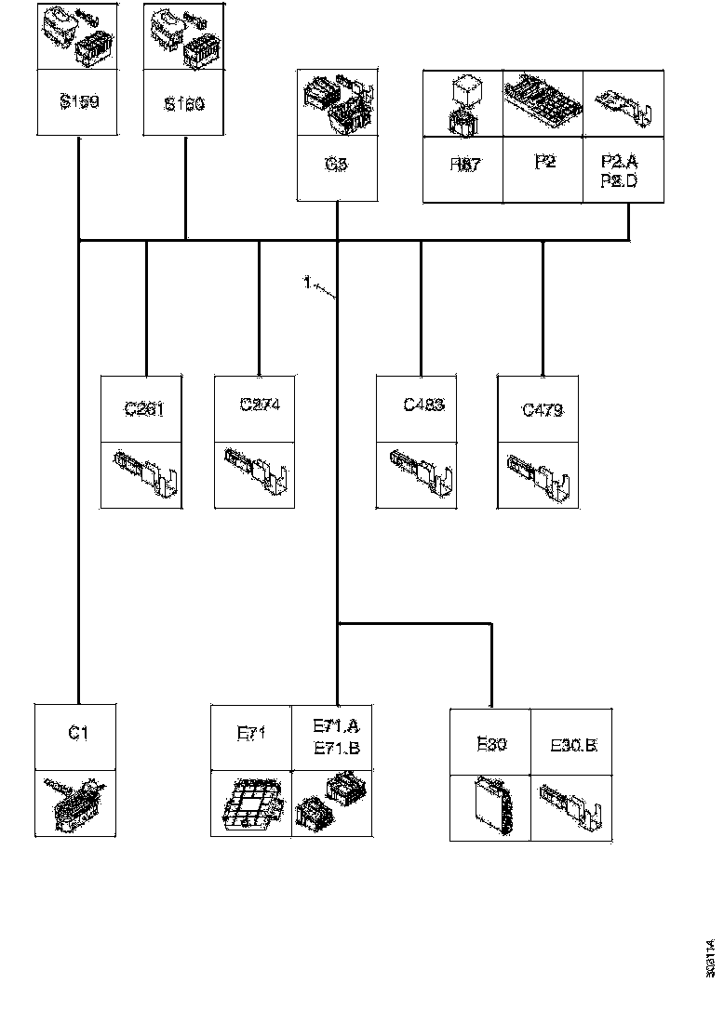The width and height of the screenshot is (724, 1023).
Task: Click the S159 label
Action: [x=79, y=102]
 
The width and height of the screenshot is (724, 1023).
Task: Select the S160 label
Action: [x=184, y=104]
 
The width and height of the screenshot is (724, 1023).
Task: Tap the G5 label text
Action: [x=337, y=165]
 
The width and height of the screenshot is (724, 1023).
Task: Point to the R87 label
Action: [x=463, y=165]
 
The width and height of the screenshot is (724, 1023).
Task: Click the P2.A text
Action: [x=614, y=161]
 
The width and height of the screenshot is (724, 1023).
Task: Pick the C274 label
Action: [x=260, y=405]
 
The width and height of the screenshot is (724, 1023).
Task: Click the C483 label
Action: [x=423, y=405]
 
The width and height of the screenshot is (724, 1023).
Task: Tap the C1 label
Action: [x=78, y=733]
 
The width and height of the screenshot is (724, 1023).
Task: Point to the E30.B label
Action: [x=573, y=745]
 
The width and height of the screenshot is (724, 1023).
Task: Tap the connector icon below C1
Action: [x=76, y=805]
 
